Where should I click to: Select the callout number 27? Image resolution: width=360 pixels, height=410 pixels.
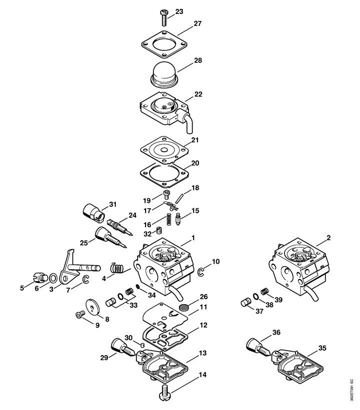click(x=197, y=23)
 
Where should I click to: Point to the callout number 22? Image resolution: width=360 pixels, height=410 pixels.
click(x=198, y=94)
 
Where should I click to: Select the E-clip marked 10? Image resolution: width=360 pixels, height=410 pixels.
click(x=201, y=272)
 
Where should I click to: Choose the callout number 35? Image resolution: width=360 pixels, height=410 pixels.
click(x=322, y=348)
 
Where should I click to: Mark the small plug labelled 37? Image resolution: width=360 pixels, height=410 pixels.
click(x=245, y=303)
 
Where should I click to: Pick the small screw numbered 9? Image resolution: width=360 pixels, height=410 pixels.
click(x=80, y=315)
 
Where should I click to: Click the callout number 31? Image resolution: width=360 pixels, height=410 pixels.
click(x=113, y=204)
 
